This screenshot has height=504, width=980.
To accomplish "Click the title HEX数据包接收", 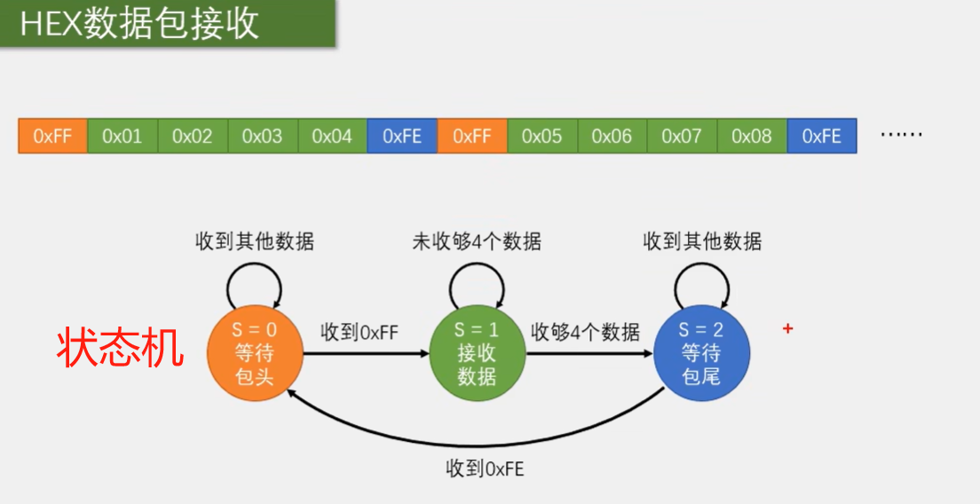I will pyautogui.click(x=139, y=24).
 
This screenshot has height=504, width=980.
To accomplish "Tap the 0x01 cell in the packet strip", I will pyautogui.click(x=122, y=137).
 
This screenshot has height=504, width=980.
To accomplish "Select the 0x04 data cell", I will pyautogui.click(x=332, y=137).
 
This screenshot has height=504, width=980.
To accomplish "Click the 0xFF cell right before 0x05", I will pyautogui.click(x=472, y=137).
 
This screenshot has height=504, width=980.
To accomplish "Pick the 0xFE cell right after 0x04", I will pyautogui.click(x=402, y=137).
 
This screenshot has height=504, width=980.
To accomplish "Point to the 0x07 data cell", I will pyautogui.click(x=682, y=137).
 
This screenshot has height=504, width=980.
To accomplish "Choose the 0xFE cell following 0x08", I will pyautogui.click(x=821, y=137).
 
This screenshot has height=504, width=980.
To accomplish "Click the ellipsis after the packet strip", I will pyautogui.click(x=901, y=135).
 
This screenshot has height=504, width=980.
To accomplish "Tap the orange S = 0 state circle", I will pyautogui.click(x=255, y=353).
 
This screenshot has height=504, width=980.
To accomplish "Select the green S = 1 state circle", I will pyautogui.click(x=477, y=353).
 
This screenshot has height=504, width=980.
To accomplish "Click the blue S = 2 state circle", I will pyautogui.click(x=701, y=353).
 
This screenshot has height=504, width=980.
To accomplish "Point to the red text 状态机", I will pyautogui.click(x=121, y=349).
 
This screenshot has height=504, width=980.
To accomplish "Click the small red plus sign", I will pyautogui.click(x=787, y=329).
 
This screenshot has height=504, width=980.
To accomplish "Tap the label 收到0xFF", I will pyautogui.click(x=360, y=333).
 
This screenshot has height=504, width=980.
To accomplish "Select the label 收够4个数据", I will pyautogui.click(x=585, y=333).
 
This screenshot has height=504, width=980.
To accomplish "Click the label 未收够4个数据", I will pyautogui.click(x=477, y=241).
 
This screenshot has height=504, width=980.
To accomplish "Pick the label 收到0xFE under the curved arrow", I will pyautogui.click(x=485, y=469).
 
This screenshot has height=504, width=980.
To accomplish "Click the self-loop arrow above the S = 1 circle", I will pyautogui.click(x=477, y=282).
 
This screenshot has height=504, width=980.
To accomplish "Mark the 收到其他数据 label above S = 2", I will pyautogui.click(x=702, y=241).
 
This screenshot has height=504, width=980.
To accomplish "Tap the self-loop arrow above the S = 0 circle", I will pyautogui.click(x=255, y=282).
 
